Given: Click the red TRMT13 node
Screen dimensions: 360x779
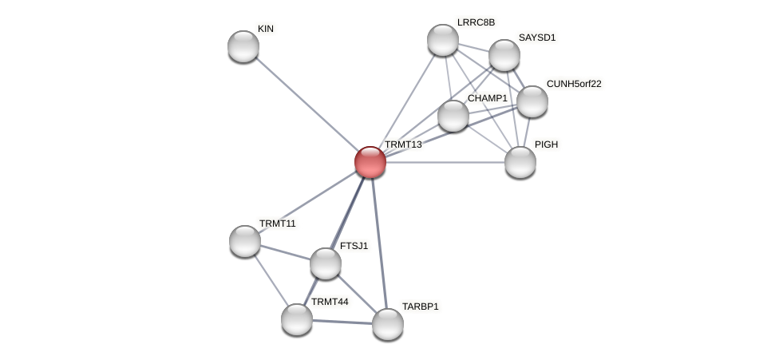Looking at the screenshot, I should pyautogui.click(x=370, y=162).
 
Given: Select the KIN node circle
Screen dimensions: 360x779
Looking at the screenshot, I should pyautogui.click(x=243, y=46).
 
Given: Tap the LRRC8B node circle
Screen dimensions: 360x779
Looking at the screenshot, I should pyautogui.click(x=443, y=40).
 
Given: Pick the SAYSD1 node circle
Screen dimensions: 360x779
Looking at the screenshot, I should pyautogui.click(x=504, y=55).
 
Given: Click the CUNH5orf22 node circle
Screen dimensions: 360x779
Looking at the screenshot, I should pyautogui.click(x=532, y=101).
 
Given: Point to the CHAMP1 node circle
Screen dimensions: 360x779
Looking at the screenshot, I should pyautogui.click(x=453, y=116).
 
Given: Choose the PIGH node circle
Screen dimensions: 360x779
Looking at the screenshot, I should pyautogui.click(x=520, y=162).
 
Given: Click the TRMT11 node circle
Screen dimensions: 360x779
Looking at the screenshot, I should pyautogui.click(x=245, y=241).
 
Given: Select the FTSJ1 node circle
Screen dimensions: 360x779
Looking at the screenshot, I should pyautogui.click(x=326, y=263).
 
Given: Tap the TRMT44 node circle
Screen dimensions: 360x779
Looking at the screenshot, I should pyautogui.click(x=297, y=319).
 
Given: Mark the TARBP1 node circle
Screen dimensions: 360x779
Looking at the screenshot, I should pyautogui.click(x=388, y=324).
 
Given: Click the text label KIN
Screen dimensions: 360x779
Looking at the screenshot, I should pyautogui.click(x=266, y=29).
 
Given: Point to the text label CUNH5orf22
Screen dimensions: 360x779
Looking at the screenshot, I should pyautogui.click(x=574, y=84).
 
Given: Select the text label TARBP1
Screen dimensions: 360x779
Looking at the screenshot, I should pyautogui.click(x=420, y=307).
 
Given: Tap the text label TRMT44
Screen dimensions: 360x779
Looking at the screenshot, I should pyautogui.click(x=330, y=302).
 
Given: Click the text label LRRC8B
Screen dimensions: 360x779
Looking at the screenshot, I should pyautogui.click(x=476, y=22).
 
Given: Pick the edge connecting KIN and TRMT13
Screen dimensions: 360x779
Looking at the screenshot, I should pyautogui.click(x=306, y=104).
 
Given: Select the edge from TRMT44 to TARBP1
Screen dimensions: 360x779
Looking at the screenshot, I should pyautogui.click(x=342, y=322).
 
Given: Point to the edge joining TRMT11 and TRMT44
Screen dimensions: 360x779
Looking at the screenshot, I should pyautogui.click(x=271, y=280).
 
